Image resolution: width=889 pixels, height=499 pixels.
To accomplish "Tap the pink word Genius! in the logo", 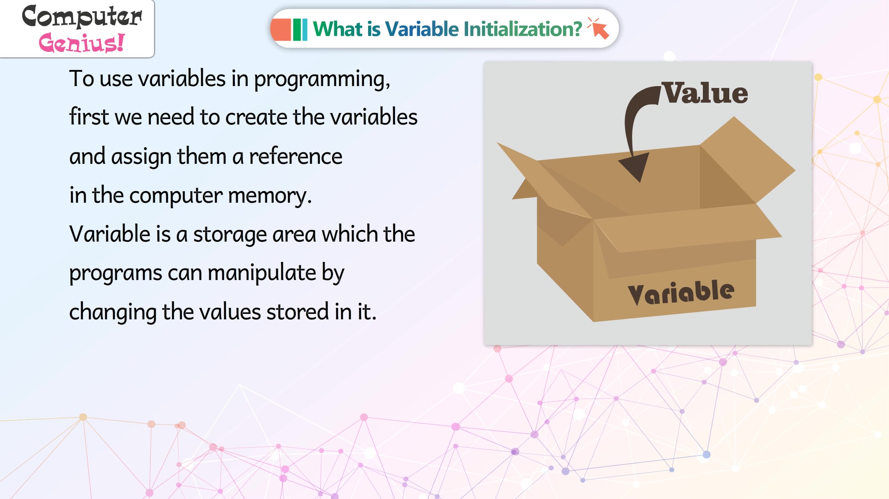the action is point(81,43).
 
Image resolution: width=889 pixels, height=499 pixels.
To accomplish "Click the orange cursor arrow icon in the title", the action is point(598,28).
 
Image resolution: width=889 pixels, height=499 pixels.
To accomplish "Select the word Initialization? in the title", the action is point(523,29).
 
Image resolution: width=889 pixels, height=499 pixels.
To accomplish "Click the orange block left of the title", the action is point(281,29).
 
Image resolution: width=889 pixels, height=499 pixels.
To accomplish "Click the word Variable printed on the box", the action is point(681,293).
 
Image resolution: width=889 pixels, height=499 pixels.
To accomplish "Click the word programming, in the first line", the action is point(322,79).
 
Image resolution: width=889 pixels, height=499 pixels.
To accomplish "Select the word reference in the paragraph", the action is point(295,156).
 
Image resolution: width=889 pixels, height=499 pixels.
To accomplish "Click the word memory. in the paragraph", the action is point(270,196).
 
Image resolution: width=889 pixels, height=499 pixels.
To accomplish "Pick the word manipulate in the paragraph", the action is point(262,273).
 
